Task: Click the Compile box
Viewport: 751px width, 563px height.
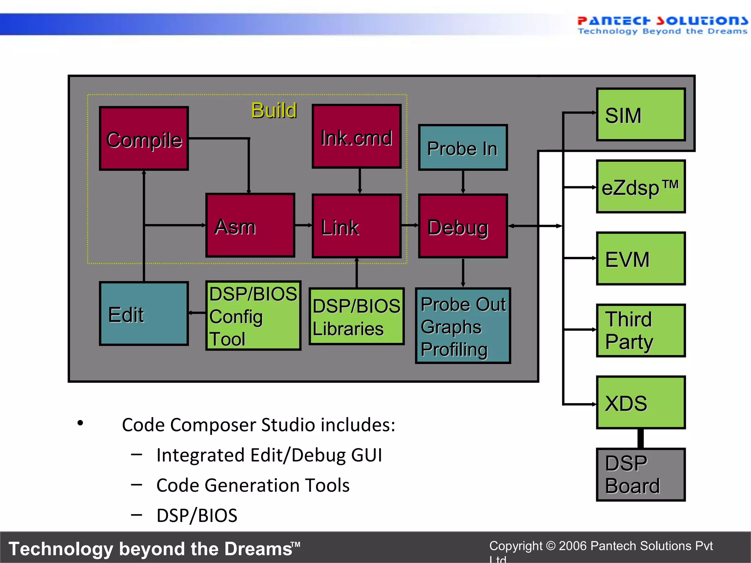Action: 144,139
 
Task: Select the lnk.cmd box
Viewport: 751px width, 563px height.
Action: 356,137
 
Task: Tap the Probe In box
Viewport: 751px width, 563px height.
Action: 463,148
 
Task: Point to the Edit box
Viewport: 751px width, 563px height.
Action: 144,314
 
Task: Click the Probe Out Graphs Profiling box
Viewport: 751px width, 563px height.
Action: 463,326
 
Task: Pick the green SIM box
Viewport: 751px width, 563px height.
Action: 641,115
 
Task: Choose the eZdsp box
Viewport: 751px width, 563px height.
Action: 641,187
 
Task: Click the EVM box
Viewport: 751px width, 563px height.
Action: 641,259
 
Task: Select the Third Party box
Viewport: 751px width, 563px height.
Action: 641,331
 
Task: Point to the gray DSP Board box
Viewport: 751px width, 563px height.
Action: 641,475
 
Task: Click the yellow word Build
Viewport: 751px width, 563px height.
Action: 274,110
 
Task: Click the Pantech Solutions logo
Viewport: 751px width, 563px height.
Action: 662,25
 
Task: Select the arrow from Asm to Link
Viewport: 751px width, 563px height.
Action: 303,225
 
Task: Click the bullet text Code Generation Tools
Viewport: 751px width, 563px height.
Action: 253,485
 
